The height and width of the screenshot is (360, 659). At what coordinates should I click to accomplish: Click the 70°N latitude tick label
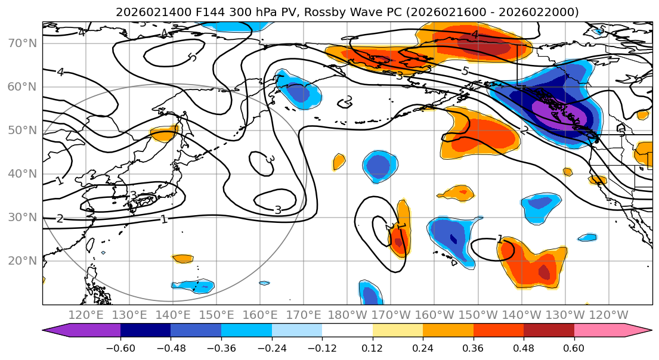tap(21, 43)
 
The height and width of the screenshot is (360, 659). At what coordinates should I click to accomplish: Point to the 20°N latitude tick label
tap(21, 260)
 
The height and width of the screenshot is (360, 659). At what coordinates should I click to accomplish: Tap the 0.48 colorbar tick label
tap(524, 347)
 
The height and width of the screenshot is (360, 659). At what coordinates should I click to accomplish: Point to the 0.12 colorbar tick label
tap(372, 347)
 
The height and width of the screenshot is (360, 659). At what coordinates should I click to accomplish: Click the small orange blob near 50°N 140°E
tap(165, 134)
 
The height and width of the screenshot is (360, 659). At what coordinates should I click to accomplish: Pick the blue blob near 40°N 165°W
tap(380, 166)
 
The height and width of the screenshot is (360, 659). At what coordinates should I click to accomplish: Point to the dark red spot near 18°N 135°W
tap(544, 272)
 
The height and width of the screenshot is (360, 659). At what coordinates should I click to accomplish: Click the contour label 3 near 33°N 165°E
tap(277, 210)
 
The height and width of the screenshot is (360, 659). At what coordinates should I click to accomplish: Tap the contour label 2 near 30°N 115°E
tap(60, 219)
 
